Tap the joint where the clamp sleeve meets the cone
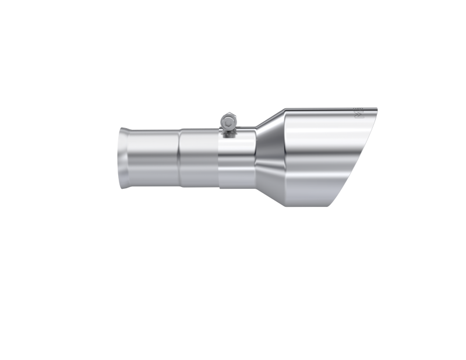pos(255,156)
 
